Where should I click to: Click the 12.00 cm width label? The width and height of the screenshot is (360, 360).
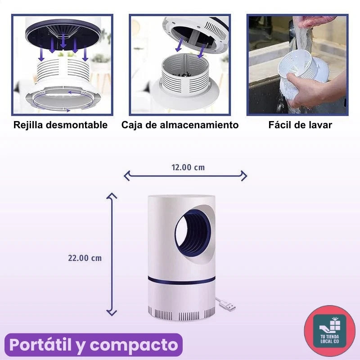188,167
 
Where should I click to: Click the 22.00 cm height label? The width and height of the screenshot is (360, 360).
85,258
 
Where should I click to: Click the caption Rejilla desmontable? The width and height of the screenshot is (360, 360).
60,125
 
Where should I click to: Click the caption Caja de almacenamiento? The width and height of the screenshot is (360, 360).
180,125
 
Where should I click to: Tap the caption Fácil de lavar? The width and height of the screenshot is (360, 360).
300,125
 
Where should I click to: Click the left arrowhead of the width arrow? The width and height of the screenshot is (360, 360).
126,175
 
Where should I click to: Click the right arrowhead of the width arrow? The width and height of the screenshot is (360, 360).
244,175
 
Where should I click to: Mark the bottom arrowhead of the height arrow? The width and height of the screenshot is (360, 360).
111,313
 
